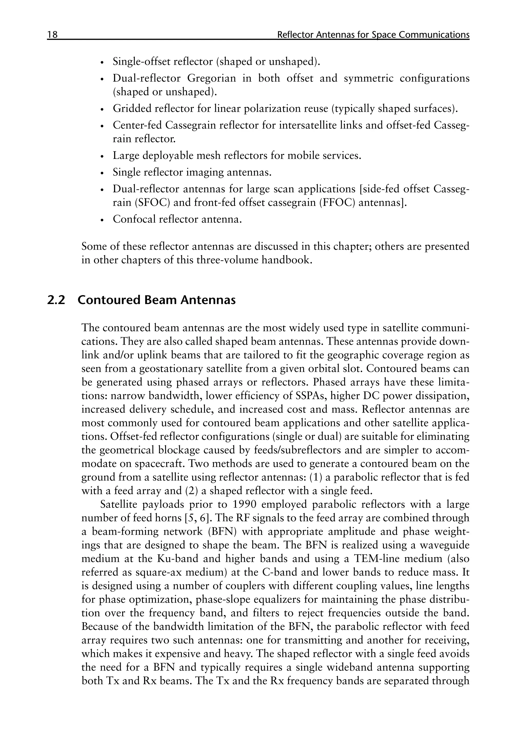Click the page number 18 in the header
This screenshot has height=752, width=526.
coord(52,35)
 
